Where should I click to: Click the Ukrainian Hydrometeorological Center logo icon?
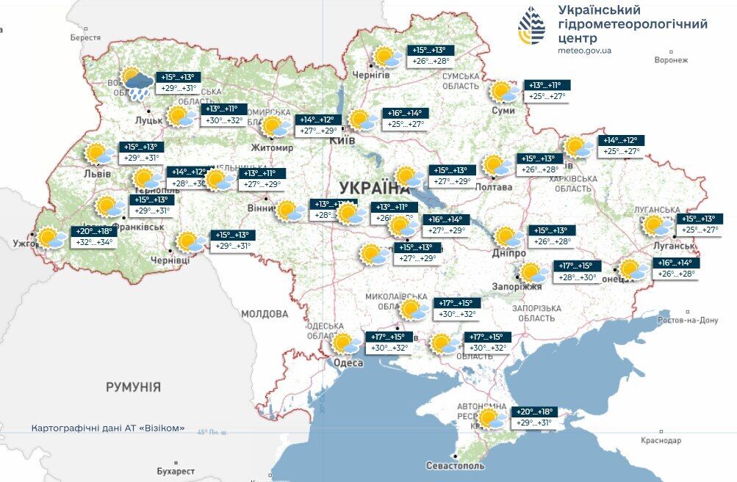(532, 26)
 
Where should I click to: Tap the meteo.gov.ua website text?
(585, 51)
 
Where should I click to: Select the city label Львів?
(98, 174)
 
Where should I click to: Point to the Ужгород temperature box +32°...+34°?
(94, 241)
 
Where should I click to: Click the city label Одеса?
(348, 363)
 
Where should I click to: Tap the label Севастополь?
(456, 466)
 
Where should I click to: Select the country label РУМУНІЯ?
(133, 387)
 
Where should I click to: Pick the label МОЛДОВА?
(265, 314)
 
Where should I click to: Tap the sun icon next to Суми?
(503, 92)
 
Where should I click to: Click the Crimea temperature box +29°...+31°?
(534, 423)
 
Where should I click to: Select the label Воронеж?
(671, 60)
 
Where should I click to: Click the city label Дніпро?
(509, 253)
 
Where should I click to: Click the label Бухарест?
(176, 470)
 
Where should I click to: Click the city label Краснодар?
(659, 440)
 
